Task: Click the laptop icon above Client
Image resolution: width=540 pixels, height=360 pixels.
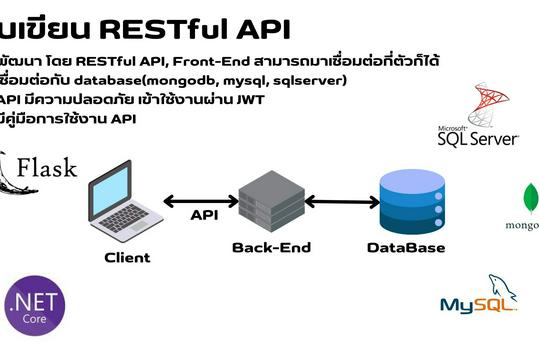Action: (125, 200)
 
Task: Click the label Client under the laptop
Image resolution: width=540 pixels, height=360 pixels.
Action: (127, 257)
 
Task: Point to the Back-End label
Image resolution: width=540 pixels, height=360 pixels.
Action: (271, 247)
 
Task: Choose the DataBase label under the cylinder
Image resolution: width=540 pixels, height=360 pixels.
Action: (405, 247)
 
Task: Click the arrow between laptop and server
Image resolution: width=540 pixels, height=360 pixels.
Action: (200, 201)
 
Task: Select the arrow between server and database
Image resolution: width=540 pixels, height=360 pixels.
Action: (338, 202)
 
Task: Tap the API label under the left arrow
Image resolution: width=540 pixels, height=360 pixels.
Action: (203, 215)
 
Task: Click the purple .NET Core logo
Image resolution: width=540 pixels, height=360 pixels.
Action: (36, 311)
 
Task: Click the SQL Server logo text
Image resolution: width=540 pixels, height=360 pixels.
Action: (477, 138)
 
